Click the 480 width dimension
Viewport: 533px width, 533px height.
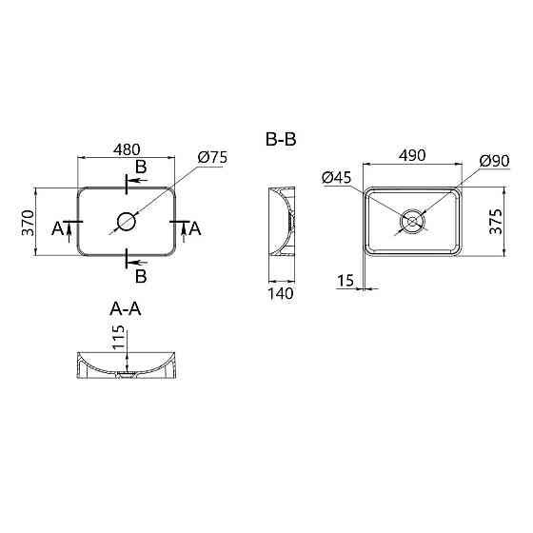coord(127,149)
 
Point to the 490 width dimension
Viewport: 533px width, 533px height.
coord(412,155)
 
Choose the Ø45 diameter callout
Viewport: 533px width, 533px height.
coord(337,177)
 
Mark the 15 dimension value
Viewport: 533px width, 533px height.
coord(345,281)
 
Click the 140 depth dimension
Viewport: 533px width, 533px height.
coord(281,293)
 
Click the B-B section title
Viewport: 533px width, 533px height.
coord(281,140)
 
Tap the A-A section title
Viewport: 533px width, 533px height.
coord(127,308)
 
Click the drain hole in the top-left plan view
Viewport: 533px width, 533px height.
coord(127,223)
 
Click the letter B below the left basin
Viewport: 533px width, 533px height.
coord(140,277)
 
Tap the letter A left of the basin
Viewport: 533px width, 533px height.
coord(58,228)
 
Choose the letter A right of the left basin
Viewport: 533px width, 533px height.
coord(196,228)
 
